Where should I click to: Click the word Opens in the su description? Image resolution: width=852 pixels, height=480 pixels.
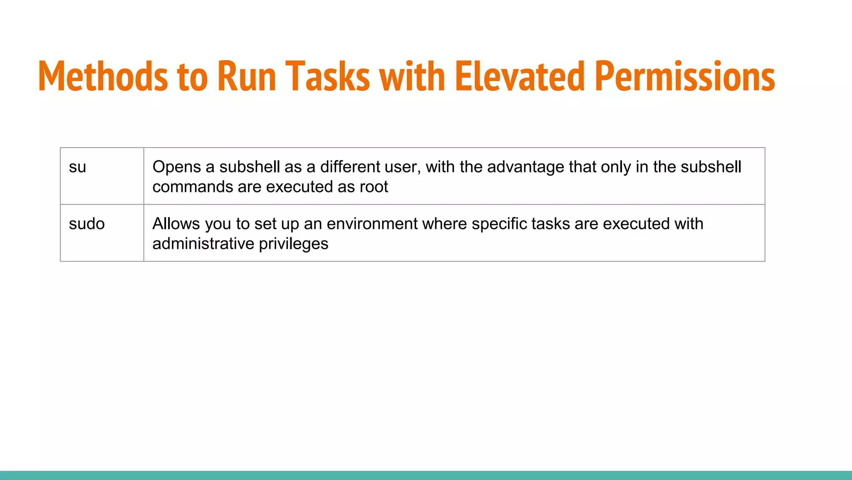click(177, 167)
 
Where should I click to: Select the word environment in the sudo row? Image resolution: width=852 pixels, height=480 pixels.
click(372, 224)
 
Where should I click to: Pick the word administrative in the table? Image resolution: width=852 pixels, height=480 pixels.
click(203, 244)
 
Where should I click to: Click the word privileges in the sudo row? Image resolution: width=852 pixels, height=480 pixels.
click(293, 244)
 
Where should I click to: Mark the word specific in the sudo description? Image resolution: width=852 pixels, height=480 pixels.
click(493, 224)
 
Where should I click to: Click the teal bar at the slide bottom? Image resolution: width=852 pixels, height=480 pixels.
click(426, 475)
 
